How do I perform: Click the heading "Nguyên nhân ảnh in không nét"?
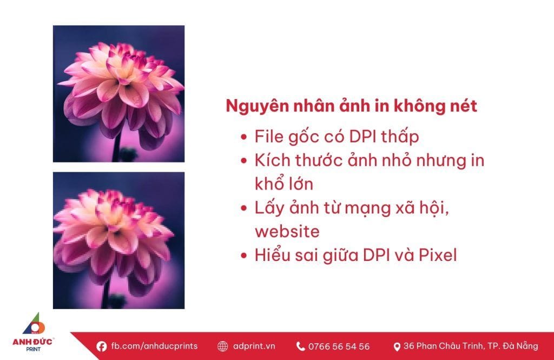351,106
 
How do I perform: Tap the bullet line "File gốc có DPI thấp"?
337,136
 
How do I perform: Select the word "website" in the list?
287,231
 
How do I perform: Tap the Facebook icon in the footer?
101,346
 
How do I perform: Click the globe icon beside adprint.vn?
222,346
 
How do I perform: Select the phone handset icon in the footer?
301,346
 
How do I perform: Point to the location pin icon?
397,346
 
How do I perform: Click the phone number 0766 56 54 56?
339,346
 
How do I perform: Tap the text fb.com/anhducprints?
154,346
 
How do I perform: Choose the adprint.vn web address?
254,346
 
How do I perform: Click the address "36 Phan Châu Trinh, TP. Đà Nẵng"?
471,346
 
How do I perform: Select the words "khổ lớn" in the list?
284,184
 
